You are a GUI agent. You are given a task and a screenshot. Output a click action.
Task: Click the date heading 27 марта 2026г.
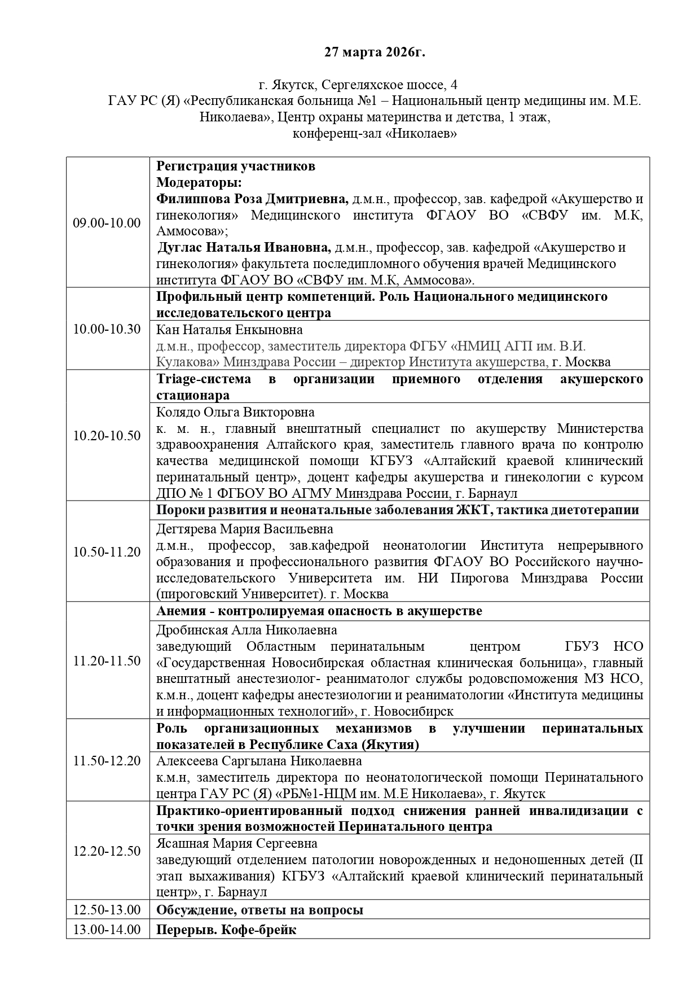375,52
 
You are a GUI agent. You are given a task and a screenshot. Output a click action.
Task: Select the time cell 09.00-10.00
107,222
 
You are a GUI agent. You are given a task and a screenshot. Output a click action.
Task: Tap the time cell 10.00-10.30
107,329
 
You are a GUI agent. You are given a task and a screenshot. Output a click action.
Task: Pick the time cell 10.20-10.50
107,436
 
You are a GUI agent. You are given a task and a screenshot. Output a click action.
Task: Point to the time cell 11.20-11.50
107,660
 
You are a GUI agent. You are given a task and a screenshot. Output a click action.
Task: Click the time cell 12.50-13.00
107,910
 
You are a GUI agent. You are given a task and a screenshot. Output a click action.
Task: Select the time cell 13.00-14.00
107,930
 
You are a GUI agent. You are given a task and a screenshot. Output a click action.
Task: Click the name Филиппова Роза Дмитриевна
252,199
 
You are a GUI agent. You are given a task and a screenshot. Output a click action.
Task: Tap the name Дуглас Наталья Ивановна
244,248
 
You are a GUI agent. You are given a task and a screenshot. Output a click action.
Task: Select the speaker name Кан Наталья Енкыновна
229,330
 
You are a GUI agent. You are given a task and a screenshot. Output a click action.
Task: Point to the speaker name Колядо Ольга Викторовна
235,412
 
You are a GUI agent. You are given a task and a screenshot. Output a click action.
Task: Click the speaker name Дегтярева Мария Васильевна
244,529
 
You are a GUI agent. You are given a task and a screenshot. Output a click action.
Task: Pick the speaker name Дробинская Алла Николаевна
246,630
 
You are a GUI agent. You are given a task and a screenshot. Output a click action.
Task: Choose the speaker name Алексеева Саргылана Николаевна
259,761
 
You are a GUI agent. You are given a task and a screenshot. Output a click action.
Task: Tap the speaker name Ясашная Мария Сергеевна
236,843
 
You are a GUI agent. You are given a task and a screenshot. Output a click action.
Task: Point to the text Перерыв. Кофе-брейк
226,930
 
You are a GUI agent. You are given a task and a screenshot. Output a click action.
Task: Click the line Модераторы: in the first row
199,183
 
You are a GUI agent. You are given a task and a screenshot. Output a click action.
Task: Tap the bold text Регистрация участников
235,167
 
